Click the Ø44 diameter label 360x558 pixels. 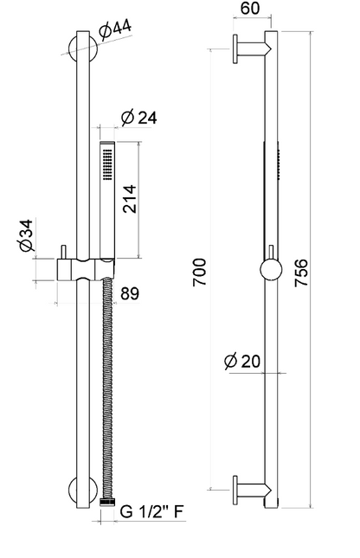pos(115,29)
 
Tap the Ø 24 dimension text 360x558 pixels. pos(138,118)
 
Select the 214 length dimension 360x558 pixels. pos(129,199)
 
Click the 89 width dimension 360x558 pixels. pos(130,294)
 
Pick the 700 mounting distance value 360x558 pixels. pos(199,273)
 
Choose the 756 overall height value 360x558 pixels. pos(301,273)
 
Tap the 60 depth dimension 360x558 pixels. pos(250,8)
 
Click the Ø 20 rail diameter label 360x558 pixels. pos(242,362)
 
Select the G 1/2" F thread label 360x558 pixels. pos(151,512)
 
